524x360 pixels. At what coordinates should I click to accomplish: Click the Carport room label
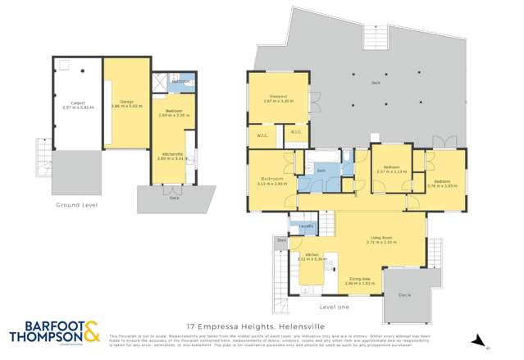78,103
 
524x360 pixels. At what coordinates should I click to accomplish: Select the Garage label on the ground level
127,102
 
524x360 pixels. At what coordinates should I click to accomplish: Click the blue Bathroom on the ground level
181,82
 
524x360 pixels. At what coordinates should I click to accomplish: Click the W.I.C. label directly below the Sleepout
264,136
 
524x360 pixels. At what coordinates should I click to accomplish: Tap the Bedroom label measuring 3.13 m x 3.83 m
271,179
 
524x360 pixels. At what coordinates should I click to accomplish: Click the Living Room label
382,239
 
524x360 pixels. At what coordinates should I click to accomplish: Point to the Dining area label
359,278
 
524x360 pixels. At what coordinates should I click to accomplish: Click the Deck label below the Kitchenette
174,198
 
